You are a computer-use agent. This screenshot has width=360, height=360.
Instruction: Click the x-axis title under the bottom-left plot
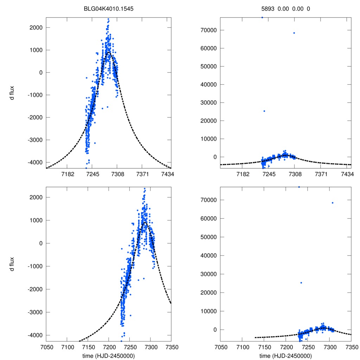coord(109,355)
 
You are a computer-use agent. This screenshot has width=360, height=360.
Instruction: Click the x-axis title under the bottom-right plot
coord(286,355)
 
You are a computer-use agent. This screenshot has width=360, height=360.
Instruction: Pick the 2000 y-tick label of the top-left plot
coord(36,27)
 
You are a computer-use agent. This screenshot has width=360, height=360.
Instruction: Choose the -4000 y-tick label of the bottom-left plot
coord(34,335)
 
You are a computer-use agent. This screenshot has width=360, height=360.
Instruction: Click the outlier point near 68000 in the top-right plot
coord(294,33)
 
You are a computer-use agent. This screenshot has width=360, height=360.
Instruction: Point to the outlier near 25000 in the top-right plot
coord(264,111)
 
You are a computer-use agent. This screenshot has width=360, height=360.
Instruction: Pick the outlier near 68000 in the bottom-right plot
coord(333,203)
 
